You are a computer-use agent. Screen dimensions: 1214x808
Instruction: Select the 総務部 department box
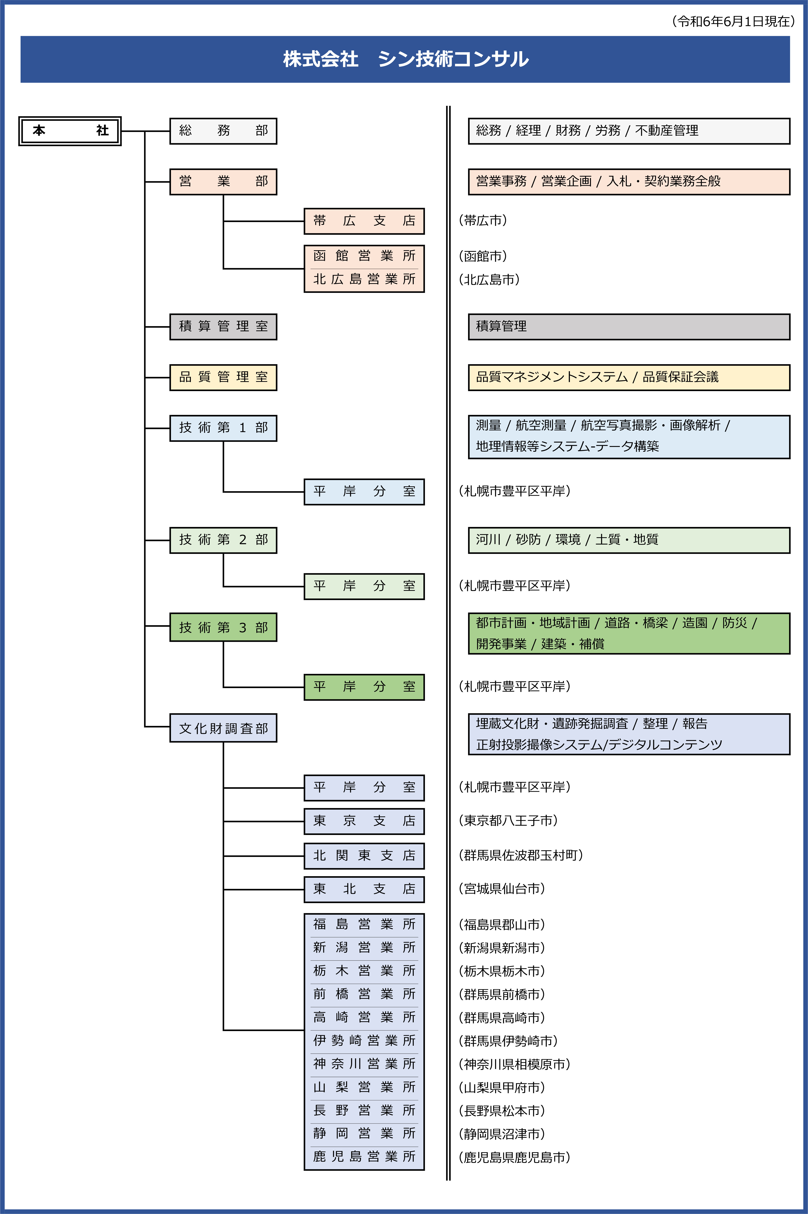(x=223, y=131)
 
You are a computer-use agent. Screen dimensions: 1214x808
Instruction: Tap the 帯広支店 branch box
(x=364, y=221)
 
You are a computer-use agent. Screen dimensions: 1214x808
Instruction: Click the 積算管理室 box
(x=223, y=327)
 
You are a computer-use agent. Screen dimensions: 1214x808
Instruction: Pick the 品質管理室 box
(x=223, y=377)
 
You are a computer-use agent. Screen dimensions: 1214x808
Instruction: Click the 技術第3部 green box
(x=223, y=627)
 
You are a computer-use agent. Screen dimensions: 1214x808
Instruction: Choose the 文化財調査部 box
(x=223, y=728)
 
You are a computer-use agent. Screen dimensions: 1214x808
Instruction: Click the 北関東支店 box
(x=364, y=856)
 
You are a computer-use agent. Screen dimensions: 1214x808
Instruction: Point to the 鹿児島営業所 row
(x=364, y=1157)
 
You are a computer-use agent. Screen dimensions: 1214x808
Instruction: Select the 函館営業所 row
(x=364, y=256)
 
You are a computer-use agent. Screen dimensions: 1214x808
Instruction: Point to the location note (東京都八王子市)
(x=508, y=821)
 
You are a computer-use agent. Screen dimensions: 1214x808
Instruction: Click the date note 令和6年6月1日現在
(x=733, y=21)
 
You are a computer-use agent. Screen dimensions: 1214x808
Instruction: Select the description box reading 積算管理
(x=629, y=327)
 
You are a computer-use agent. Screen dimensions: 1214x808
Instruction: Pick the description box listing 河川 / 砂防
(x=629, y=540)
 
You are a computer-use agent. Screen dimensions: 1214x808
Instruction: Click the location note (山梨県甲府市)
(x=501, y=1087)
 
